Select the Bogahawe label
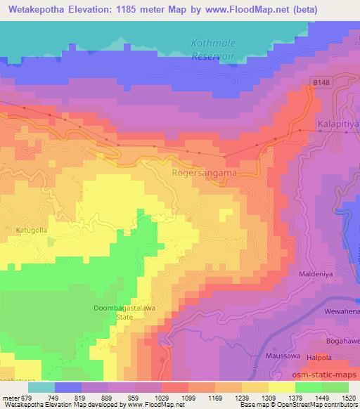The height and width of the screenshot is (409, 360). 341,339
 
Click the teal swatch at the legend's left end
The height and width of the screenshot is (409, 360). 41,387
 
